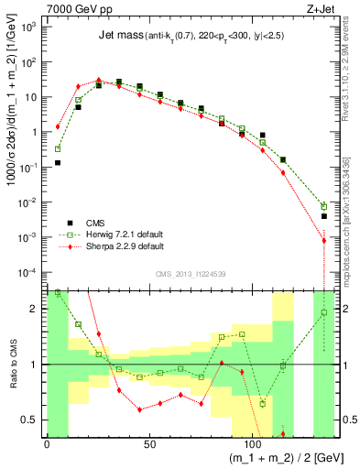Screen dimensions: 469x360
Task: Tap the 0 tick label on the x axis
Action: pos(47,442)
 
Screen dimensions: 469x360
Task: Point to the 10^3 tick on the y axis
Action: pos(31,27)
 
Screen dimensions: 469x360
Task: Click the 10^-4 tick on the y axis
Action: pos(30,272)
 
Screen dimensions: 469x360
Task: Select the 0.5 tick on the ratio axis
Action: pos(31,420)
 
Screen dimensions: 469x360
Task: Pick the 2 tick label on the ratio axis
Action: pos(36,309)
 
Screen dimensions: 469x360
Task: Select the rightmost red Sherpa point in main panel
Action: pos(324,241)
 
